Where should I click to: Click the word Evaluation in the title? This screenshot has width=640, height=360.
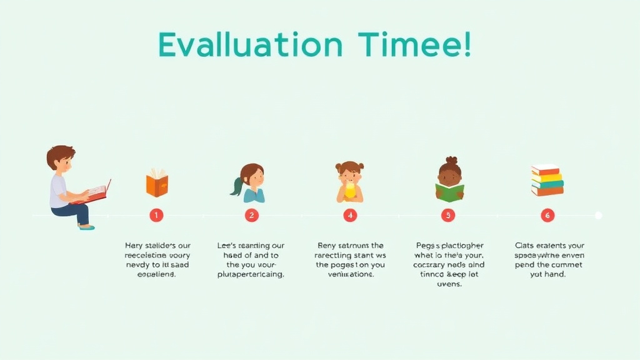250,46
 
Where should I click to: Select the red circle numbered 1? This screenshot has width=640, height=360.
156,215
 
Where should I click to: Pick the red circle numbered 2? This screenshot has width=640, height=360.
252,215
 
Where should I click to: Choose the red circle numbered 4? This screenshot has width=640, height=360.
350,215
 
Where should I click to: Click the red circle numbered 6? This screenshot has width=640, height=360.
547,215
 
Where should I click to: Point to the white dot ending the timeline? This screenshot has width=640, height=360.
598,215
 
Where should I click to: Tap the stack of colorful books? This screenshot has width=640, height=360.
547,180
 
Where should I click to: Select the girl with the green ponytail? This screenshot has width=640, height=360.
251,182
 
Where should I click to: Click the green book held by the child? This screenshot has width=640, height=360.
449,192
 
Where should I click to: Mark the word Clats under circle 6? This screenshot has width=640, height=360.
526,246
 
